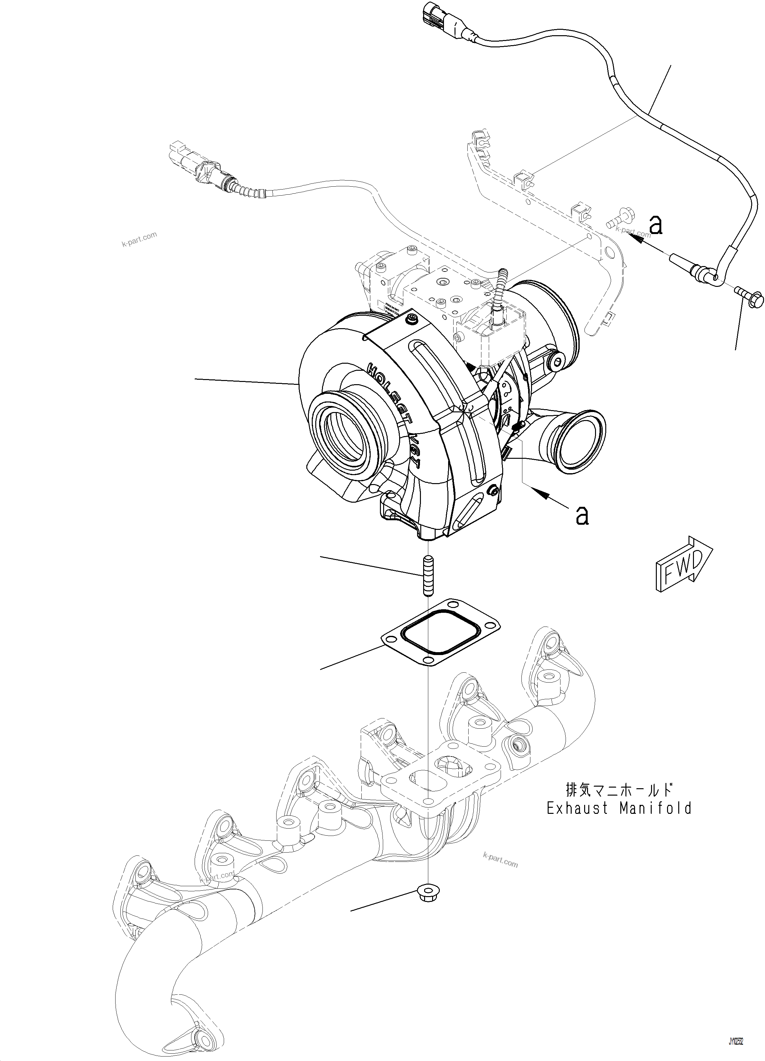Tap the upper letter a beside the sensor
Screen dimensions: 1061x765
(656, 226)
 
